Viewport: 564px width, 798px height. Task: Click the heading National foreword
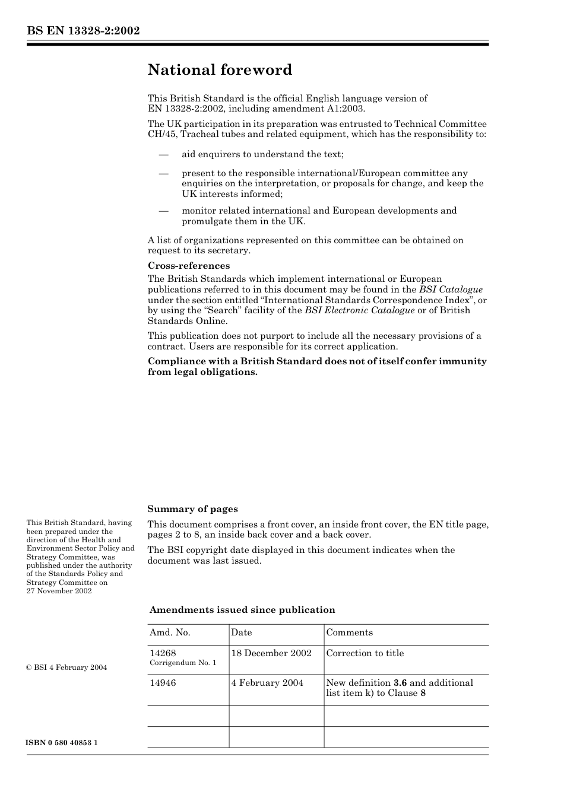pyautogui.click(x=220, y=70)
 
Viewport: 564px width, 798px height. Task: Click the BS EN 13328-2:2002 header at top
pyautogui.click(x=83, y=31)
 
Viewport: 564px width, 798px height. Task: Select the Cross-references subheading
pyautogui.click(x=189, y=266)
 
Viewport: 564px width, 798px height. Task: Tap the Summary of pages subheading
pyautogui.click(x=192, y=509)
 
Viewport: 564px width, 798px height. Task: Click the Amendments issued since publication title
pyautogui.click(x=242, y=610)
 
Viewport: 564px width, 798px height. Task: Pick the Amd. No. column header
pyautogui.click(x=170, y=632)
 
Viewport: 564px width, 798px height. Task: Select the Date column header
pyautogui.click(x=242, y=632)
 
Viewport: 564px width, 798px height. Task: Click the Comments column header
pyautogui.click(x=350, y=632)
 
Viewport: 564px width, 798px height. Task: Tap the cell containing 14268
pyautogui.click(x=163, y=653)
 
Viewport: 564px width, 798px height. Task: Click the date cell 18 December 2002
pyautogui.click(x=271, y=653)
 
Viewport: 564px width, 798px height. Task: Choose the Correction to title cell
pyautogui.click(x=365, y=653)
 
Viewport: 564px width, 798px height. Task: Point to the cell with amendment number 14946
pyautogui.click(x=163, y=683)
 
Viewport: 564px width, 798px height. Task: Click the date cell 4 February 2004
pyautogui.click(x=267, y=683)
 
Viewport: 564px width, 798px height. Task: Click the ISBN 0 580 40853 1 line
pyautogui.click(x=62, y=743)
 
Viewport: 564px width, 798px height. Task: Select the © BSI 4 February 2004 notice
pyautogui.click(x=66, y=667)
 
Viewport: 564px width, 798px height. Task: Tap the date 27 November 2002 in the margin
pyautogui.click(x=59, y=591)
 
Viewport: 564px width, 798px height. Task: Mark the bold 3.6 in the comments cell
pyautogui.click(x=400, y=683)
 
